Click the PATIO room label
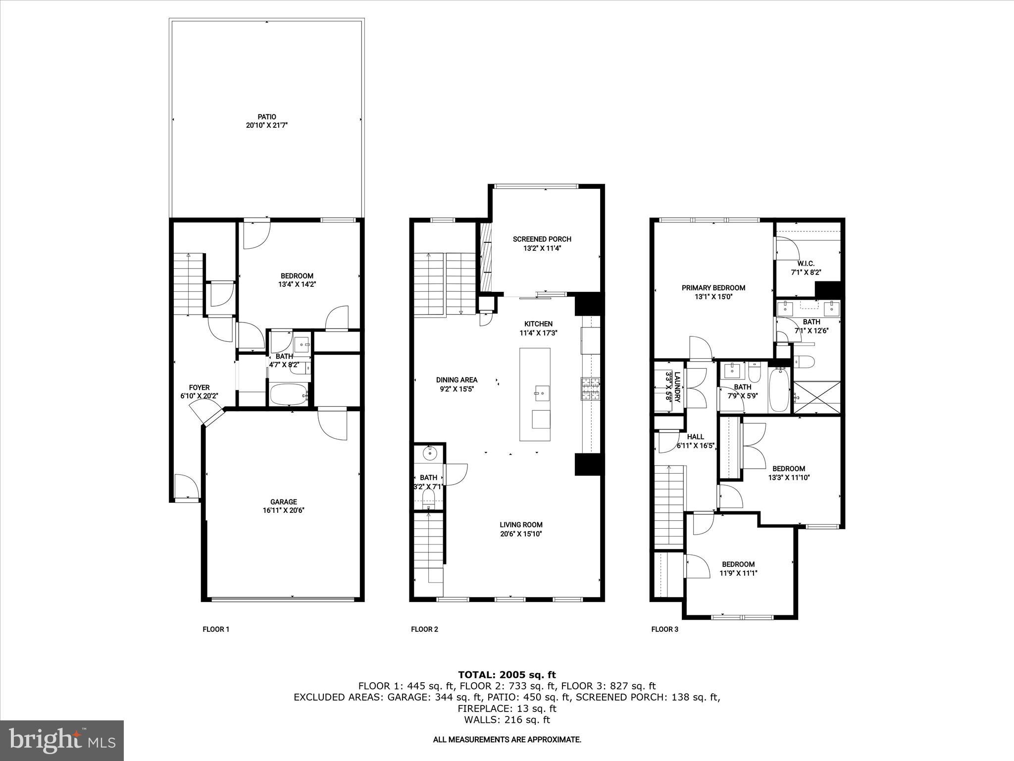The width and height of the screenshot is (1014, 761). pos(267,117)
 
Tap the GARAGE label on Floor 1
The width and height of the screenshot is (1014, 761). pos(283,502)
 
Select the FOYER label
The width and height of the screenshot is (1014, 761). pos(199,387)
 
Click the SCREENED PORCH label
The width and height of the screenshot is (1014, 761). pos(542,239)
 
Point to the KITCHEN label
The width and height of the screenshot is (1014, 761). pos(538,324)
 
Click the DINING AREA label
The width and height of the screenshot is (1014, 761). pos(456,380)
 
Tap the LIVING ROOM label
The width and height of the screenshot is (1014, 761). pos(521,525)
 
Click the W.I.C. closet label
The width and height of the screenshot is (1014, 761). pos(806,264)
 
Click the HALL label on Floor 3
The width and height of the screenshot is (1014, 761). pos(695,436)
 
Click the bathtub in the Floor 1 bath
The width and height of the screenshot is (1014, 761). pos(289,395)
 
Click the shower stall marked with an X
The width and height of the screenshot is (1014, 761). pos(816,397)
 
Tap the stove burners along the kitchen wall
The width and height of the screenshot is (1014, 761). pos(591,389)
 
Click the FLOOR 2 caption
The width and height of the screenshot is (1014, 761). pos(424,629)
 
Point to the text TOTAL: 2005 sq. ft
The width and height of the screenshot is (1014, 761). pos(507,675)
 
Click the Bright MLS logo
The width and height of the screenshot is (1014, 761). pos(62,740)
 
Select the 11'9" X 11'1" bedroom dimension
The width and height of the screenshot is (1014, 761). pos(738,573)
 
